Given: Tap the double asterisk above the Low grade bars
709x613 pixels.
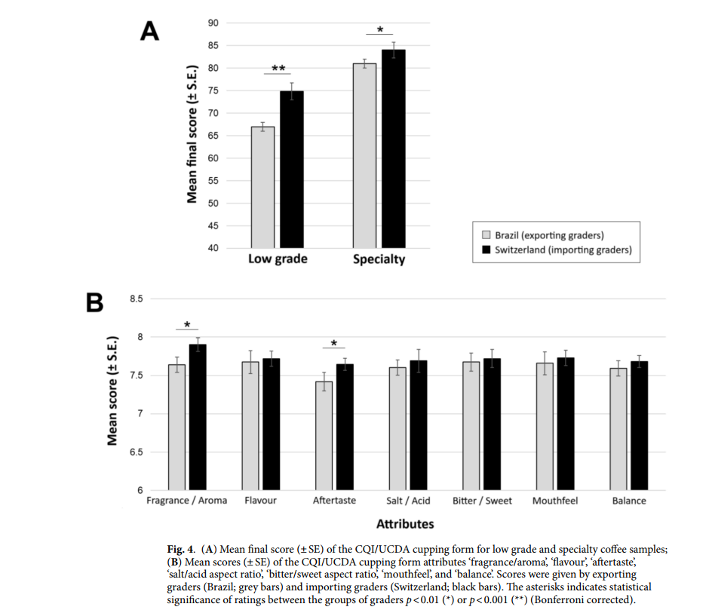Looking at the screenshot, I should point(278,69).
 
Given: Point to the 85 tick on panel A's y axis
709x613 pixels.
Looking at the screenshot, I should point(213,45).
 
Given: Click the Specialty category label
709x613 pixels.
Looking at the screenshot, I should point(379,259).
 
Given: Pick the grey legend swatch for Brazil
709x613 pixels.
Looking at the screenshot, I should point(486,235).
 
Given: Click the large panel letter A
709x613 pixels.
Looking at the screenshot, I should point(150,32).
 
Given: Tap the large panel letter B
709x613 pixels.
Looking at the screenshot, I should point(95,303).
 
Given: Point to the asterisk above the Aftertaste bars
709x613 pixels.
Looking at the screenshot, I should point(333,343).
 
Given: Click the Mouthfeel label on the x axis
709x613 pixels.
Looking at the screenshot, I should point(555,501).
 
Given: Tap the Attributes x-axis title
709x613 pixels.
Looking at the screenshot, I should point(405,523).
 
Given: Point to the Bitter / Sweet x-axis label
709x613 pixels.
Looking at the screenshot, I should point(482,501).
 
